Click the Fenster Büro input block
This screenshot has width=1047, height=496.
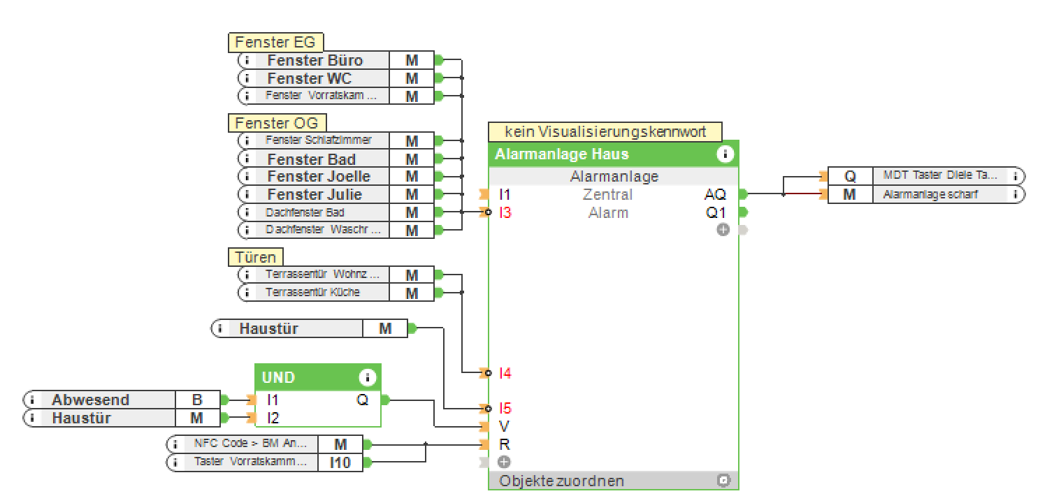315,60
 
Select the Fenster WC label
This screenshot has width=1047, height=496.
309,78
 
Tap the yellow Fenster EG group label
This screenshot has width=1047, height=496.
275,43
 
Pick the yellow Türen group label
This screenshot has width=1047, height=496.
256,257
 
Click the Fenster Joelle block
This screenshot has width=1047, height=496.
319,176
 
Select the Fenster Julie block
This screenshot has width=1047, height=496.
315,194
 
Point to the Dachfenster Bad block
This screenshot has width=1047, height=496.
305,212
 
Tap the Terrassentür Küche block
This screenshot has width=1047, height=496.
312,293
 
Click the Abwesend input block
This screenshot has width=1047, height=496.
90,400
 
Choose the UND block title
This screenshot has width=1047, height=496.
279,378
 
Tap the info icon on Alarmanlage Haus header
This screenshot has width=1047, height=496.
725,154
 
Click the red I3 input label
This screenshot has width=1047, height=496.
505,212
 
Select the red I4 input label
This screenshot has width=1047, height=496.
505,373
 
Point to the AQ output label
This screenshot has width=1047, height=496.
715,194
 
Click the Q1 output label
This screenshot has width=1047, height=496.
716,212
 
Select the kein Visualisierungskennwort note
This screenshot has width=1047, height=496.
605,131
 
